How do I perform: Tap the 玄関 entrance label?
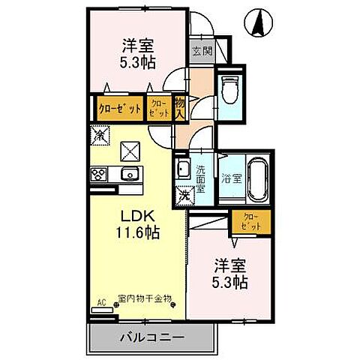click(x=200, y=52)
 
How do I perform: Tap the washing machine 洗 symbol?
click(x=185, y=194)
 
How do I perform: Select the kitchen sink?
click(x=127, y=175)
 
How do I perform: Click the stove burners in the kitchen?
click(x=99, y=175)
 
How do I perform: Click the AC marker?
click(x=101, y=306)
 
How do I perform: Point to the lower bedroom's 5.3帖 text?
click(x=229, y=283)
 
